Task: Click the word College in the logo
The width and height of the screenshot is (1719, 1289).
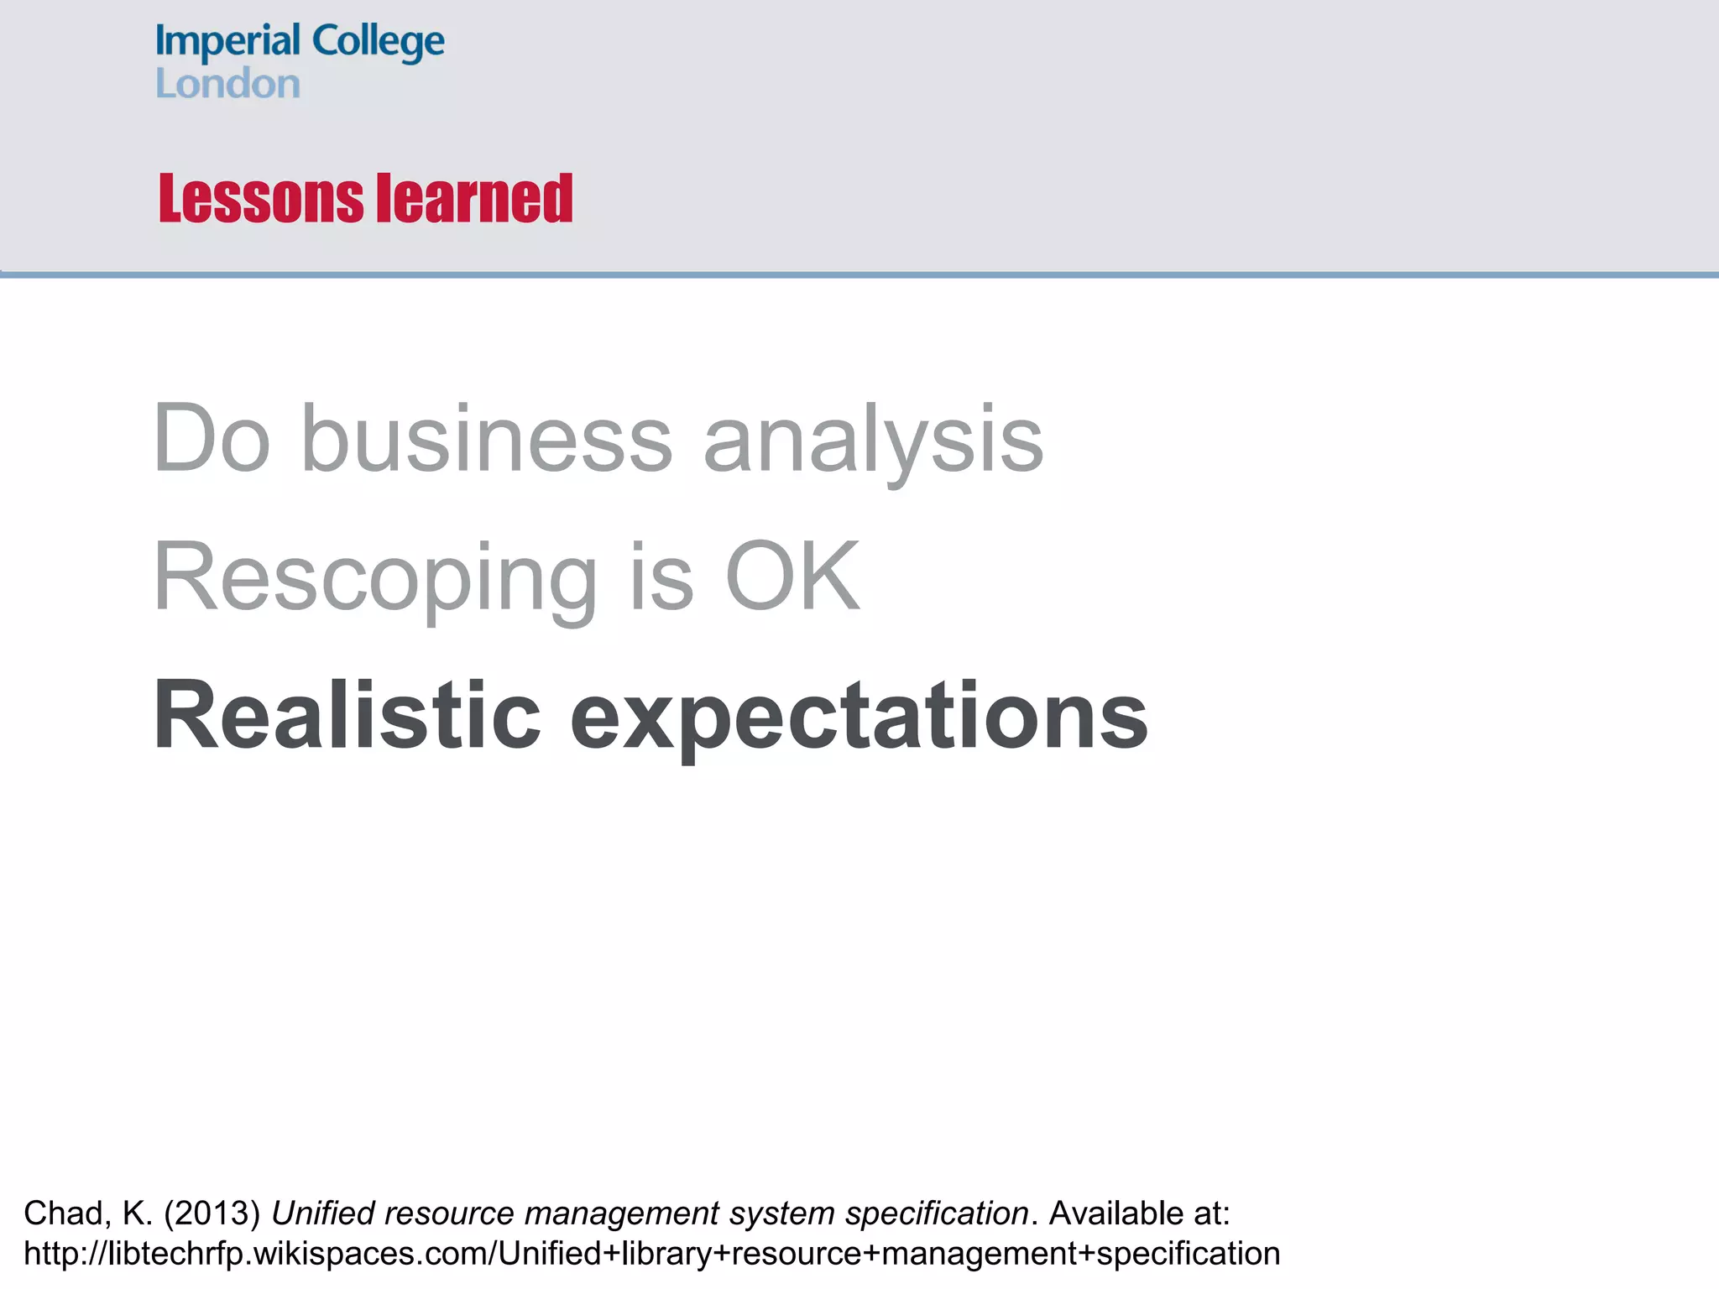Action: tap(378, 42)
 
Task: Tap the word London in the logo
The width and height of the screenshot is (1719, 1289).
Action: tap(227, 84)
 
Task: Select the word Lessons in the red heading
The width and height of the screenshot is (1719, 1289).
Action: tap(261, 199)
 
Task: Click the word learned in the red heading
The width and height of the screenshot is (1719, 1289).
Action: tap(474, 199)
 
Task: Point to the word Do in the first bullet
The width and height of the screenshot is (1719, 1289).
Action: tap(212, 438)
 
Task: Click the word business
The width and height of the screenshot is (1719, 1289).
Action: tap(487, 438)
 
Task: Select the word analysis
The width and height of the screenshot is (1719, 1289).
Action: tap(873, 438)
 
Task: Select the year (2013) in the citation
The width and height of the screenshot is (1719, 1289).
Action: tap(212, 1213)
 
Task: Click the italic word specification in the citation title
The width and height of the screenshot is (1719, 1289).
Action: tap(937, 1213)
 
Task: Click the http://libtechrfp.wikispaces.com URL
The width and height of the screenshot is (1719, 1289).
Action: tap(651, 1254)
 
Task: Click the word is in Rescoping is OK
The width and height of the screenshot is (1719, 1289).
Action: tap(661, 577)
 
